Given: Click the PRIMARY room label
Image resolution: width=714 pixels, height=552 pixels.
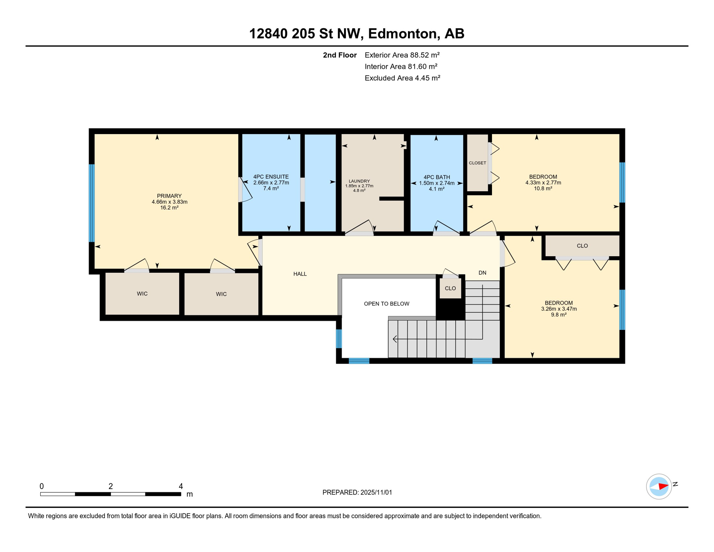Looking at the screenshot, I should pyautogui.click(x=169, y=196).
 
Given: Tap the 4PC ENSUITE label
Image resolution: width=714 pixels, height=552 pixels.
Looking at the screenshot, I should pyautogui.click(x=271, y=177).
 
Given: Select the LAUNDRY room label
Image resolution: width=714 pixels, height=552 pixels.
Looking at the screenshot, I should pyautogui.click(x=359, y=181).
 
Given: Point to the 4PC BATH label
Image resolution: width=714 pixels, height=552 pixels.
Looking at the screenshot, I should pyautogui.click(x=436, y=177).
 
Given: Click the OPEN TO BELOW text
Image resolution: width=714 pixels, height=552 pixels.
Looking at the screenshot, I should pyautogui.click(x=386, y=304).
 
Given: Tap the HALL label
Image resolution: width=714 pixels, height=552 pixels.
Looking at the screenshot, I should pyautogui.click(x=300, y=274).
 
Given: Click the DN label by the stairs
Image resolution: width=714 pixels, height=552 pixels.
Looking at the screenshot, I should pyautogui.click(x=482, y=273).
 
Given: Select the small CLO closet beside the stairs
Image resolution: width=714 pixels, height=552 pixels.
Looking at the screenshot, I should pyautogui.click(x=450, y=288).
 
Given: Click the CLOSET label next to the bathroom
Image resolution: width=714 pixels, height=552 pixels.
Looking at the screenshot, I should pyautogui.click(x=477, y=163).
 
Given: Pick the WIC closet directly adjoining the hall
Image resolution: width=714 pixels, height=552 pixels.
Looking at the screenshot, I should pyautogui.click(x=221, y=294).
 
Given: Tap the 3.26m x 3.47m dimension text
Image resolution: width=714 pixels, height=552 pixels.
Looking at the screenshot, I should pyautogui.click(x=559, y=309).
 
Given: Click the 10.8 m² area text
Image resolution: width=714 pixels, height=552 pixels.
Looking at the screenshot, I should pyautogui.click(x=543, y=188).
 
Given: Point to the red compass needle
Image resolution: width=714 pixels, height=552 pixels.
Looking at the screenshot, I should pyautogui.click(x=663, y=487).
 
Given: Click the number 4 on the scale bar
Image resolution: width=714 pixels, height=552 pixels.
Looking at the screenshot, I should pyautogui.click(x=181, y=486).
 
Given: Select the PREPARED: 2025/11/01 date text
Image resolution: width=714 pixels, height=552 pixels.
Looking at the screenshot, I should pyautogui.click(x=357, y=492).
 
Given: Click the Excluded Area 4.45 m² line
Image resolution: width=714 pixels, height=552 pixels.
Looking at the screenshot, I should pyautogui.click(x=402, y=78).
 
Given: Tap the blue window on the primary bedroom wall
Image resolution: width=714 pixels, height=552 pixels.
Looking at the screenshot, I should pyautogui.click(x=92, y=203).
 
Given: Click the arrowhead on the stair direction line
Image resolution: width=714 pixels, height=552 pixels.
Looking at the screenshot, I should pyautogui.click(x=395, y=339).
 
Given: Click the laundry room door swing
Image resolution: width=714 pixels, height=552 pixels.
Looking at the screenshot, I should pyautogui.click(x=361, y=227).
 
